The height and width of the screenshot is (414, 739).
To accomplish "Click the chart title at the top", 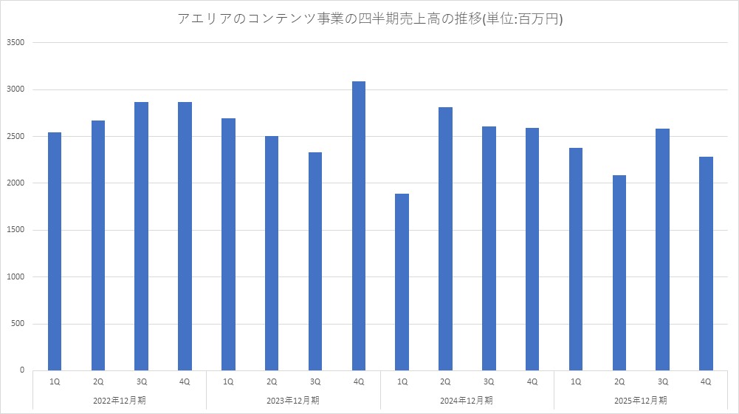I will coord(370,19).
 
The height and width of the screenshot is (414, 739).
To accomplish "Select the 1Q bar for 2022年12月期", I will coord(55,251).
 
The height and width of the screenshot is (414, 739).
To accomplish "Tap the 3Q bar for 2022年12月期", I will coord(141,237).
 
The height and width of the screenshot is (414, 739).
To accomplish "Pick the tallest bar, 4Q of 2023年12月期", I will coord(359,225).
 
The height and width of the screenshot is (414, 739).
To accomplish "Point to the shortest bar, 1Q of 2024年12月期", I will coord(402,282).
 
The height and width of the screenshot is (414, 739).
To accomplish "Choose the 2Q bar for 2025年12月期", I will coord(619,273).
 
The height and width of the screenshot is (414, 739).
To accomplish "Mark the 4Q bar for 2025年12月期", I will coord(706,263).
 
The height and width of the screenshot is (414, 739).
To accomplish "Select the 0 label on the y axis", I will coord(22,370).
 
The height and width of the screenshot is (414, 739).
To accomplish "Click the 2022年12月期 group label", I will coord(120,400).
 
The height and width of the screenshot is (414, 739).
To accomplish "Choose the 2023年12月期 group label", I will coord(293,400).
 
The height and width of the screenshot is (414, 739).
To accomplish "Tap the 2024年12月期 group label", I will coord(467,400).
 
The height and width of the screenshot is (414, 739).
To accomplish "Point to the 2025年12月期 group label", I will coord(641,400).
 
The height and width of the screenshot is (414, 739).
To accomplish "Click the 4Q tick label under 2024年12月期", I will coord(532,381).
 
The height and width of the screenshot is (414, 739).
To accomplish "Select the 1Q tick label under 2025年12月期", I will coord(576,381).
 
